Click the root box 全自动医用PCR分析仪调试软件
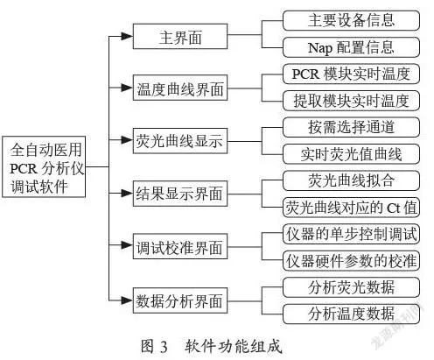[44, 166]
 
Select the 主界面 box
[180, 37]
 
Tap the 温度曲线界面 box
[180, 88]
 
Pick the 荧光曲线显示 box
[180, 141]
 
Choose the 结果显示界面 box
[180, 194]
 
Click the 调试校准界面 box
[180, 246]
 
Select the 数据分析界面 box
[180, 300]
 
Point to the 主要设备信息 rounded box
[351, 20]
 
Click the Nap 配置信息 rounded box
[351, 47]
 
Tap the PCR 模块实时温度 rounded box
[351, 74]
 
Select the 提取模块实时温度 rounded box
[351, 101]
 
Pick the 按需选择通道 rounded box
[351, 127]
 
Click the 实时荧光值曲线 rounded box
[351, 154]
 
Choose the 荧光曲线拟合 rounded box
[351, 180]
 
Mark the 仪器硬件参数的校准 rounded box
[351, 260]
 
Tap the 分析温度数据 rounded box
[351, 314]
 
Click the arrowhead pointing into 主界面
[127, 36]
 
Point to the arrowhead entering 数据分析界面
[127, 300]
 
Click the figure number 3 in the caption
[164, 347]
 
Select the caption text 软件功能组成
[234, 346]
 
